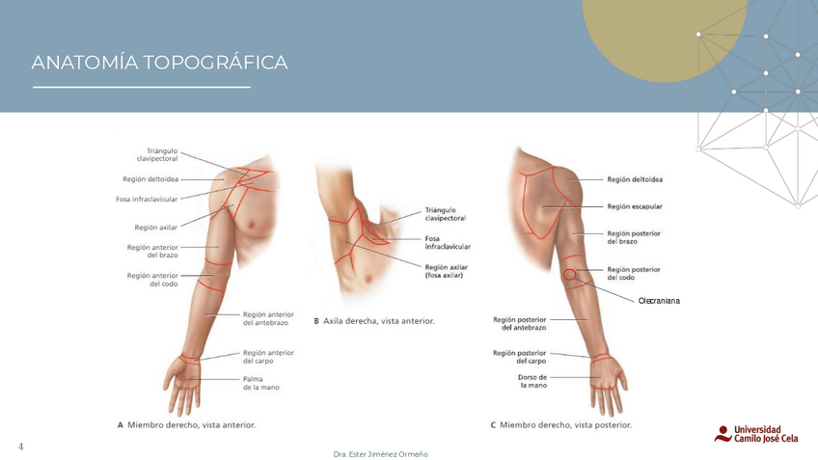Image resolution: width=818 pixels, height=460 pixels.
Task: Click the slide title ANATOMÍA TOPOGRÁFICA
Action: (159, 64)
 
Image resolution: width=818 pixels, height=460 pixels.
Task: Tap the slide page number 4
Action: (20, 446)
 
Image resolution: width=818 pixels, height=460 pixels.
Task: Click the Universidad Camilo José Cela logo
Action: (761, 433)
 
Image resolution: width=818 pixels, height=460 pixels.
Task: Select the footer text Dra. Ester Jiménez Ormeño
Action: (379, 453)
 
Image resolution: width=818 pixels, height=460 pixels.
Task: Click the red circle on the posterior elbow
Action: (570, 274)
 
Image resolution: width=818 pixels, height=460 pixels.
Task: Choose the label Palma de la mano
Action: (260, 382)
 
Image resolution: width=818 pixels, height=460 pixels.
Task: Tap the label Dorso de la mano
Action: (532, 381)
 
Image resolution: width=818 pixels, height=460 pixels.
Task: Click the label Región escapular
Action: (634, 206)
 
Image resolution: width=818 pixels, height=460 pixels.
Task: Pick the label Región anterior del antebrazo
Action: (268, 318)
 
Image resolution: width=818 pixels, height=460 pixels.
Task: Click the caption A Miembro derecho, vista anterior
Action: (186, 423)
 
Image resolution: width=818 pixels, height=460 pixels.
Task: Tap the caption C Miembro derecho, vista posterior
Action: (560, 423)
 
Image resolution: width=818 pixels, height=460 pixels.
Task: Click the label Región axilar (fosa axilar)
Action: (447, 271)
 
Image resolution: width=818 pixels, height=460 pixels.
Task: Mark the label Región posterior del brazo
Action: (634, 237)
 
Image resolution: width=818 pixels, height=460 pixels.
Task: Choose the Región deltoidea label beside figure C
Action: (634, 179)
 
